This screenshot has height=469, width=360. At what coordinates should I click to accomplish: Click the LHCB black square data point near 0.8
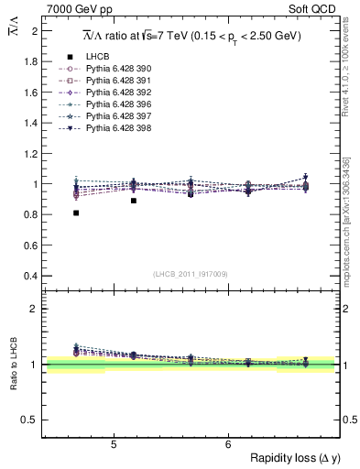click(x=76, y=213)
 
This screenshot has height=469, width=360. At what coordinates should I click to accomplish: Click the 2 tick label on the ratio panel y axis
click(x=36, y=309)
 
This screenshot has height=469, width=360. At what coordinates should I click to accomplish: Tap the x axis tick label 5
click(x=113, y=445)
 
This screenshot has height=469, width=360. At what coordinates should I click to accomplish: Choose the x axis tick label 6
click(x=228, y=445)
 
